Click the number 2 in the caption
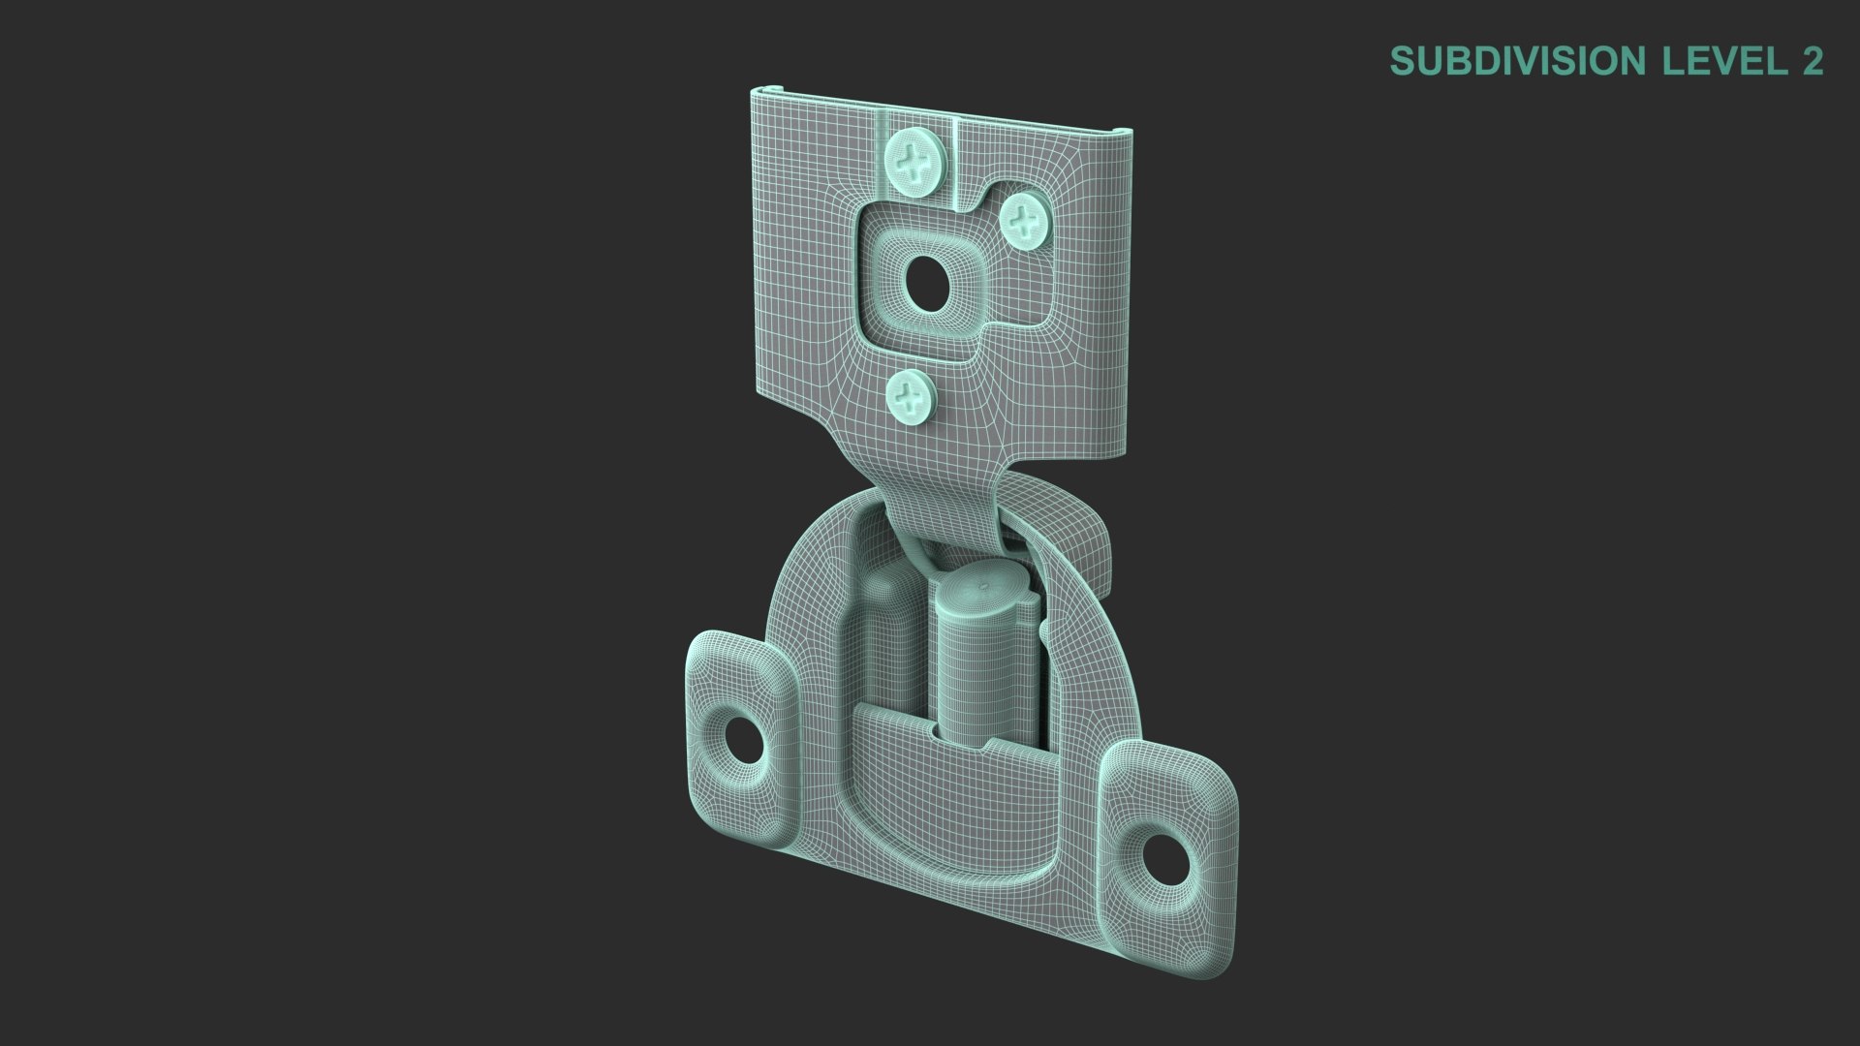click(x=1812, y=61)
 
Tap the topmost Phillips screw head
click(x=916, y=160)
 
